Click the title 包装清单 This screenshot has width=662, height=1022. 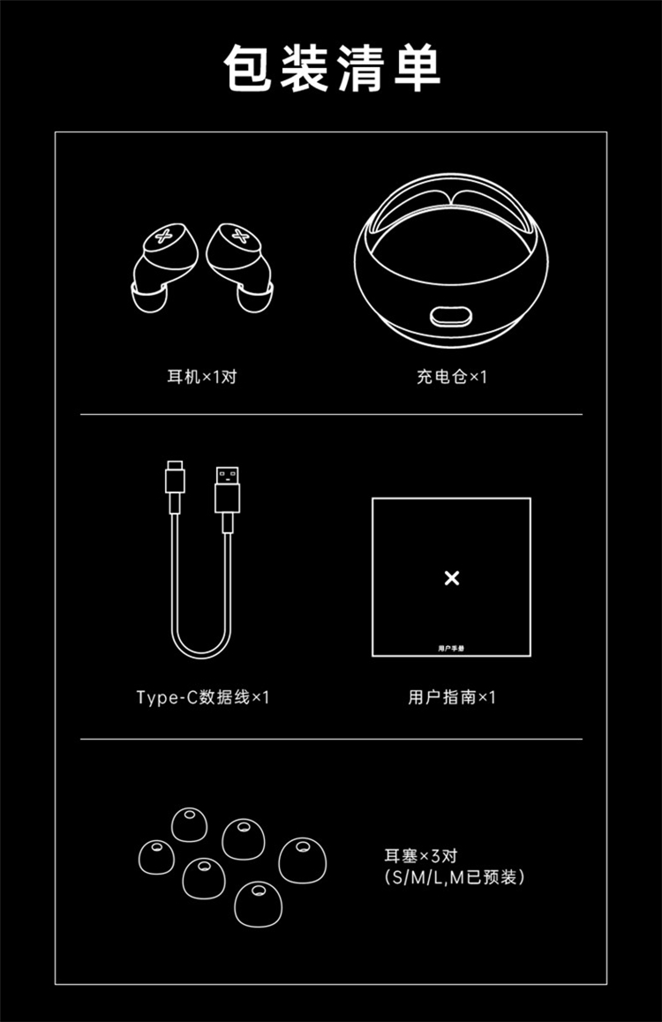coord(332,69)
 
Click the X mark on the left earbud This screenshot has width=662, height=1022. coord(163,236)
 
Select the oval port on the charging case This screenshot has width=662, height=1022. coord(452,317)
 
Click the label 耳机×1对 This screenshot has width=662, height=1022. coord(202,377)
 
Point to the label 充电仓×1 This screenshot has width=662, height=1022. coord(452,377)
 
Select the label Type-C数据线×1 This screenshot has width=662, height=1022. coord(203,697)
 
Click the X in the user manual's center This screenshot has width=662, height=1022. coord(452,577)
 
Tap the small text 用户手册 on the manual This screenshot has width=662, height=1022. coord(451,648)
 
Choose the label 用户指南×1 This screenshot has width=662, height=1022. coord(452,697)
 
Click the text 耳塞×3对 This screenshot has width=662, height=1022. coord(421,856)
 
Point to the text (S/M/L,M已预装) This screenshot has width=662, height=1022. coord(455,877)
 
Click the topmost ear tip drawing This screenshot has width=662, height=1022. coord(190,823)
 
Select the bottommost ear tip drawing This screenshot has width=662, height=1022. coord(258,904)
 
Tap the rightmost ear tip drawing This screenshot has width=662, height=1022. coord(303,860)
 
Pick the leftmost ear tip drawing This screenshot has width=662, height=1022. coord(156,857)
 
